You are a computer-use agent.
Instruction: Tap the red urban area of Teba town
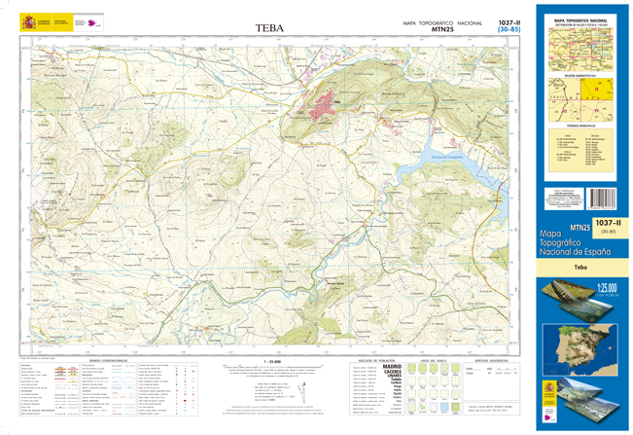(324, 99)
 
